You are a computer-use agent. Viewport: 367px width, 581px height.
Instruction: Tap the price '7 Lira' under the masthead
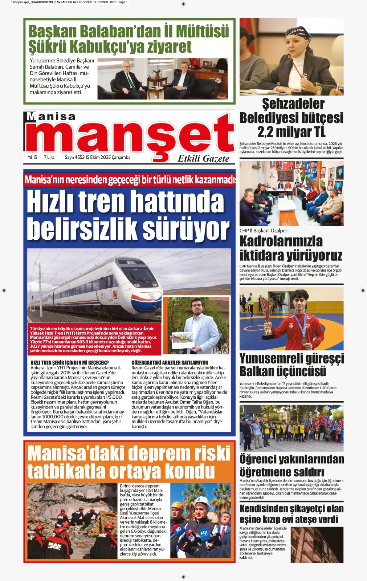[49, 157]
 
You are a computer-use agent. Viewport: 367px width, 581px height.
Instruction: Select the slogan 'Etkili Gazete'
[203, 159]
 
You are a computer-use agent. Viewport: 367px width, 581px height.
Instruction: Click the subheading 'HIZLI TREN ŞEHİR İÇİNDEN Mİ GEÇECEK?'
[70, 362]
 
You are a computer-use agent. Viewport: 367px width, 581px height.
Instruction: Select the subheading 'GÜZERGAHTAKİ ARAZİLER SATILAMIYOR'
[170, 362]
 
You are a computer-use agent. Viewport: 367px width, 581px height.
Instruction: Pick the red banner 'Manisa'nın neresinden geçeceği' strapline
[130, 179]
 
